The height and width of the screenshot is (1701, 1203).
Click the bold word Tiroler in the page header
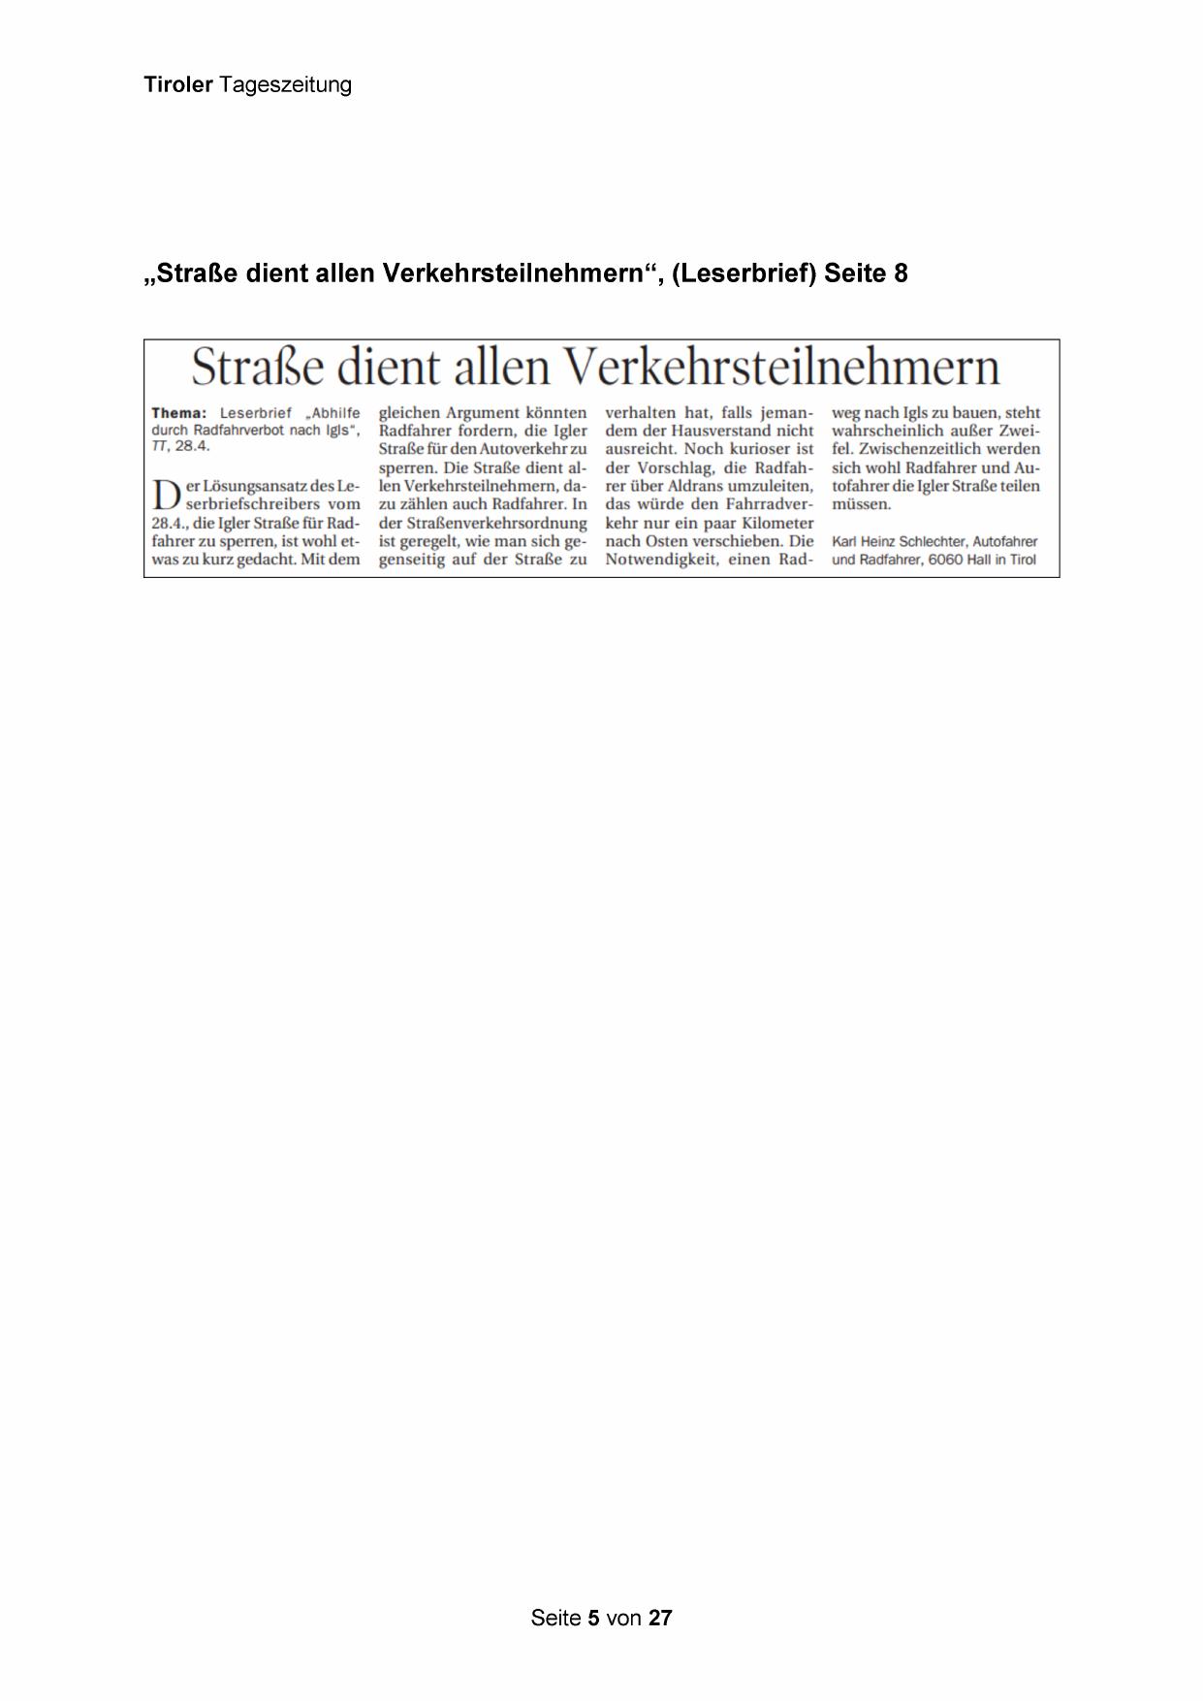178,85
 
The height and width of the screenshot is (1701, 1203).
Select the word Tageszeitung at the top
285,85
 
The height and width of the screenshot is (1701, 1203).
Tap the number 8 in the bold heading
902,274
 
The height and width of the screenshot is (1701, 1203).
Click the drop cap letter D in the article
165,495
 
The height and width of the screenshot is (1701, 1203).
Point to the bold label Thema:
179,413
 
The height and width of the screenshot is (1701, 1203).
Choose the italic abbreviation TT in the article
159,446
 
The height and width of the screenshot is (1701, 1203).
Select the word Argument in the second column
482,413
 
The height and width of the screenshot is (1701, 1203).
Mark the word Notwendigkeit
659,560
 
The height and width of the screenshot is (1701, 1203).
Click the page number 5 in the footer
593,1618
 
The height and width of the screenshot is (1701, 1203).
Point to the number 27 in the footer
660,1618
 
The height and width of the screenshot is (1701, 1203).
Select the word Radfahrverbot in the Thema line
239,430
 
